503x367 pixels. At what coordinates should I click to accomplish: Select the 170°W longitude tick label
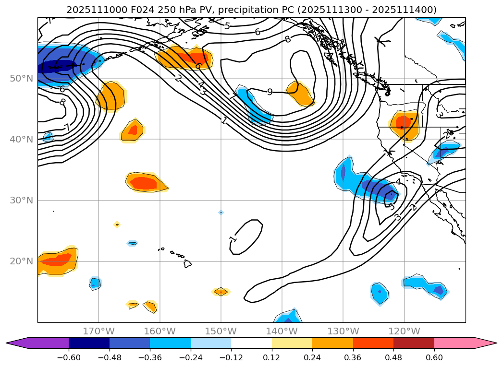pyautogui.click(x=98, y=331)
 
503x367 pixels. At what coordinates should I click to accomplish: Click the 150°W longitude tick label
pyautogui.click(x=221, y=331)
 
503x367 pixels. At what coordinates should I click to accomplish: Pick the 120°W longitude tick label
pyautogui.click(x=404, y=331)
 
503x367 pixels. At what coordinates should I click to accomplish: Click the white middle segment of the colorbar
pyautogui.click(x=251, y=343)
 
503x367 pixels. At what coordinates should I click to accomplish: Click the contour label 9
pyautogui.click(x=270, y=92)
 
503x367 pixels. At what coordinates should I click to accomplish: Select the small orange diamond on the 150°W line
pyautogui.click(x=221, y=291)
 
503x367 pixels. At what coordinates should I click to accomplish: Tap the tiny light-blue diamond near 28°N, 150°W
pyautogui.click(x=221, y=212)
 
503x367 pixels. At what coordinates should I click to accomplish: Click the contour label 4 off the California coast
pyautogui.click(x=398, y=182)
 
